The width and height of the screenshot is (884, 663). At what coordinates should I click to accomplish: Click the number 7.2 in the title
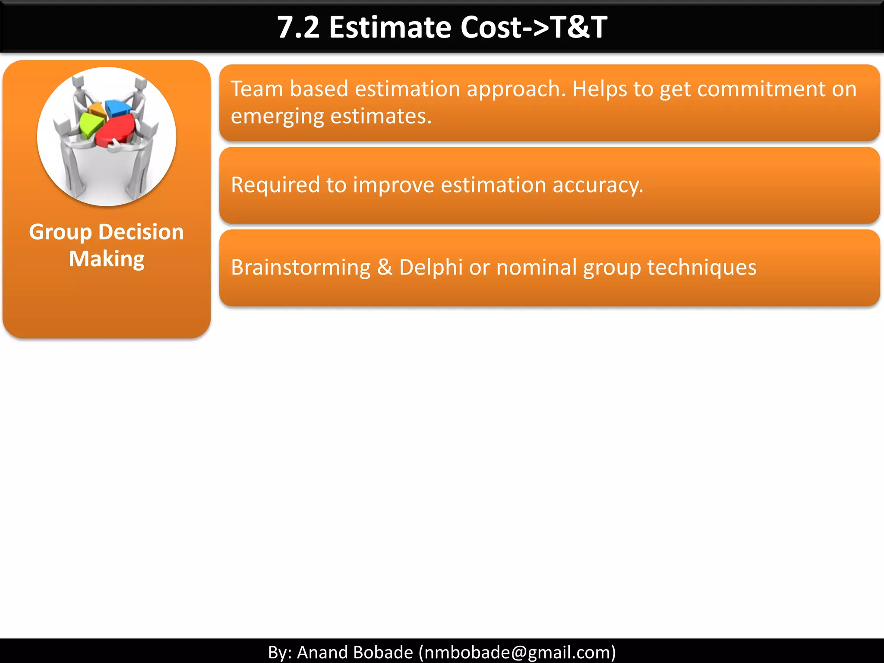(298, 28)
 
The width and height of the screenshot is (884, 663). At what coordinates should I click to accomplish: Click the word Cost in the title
(491, 28)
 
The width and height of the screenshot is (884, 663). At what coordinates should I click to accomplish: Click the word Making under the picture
(107, 259)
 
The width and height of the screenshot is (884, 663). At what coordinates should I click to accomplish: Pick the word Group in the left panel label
(60, 232)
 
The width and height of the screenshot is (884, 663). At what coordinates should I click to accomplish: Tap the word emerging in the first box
(277, 117)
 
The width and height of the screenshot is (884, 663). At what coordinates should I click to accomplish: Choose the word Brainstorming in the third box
(300, 267)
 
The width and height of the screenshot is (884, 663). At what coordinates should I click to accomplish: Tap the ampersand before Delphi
(385, 267)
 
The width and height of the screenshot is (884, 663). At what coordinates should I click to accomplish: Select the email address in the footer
(517, 652)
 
